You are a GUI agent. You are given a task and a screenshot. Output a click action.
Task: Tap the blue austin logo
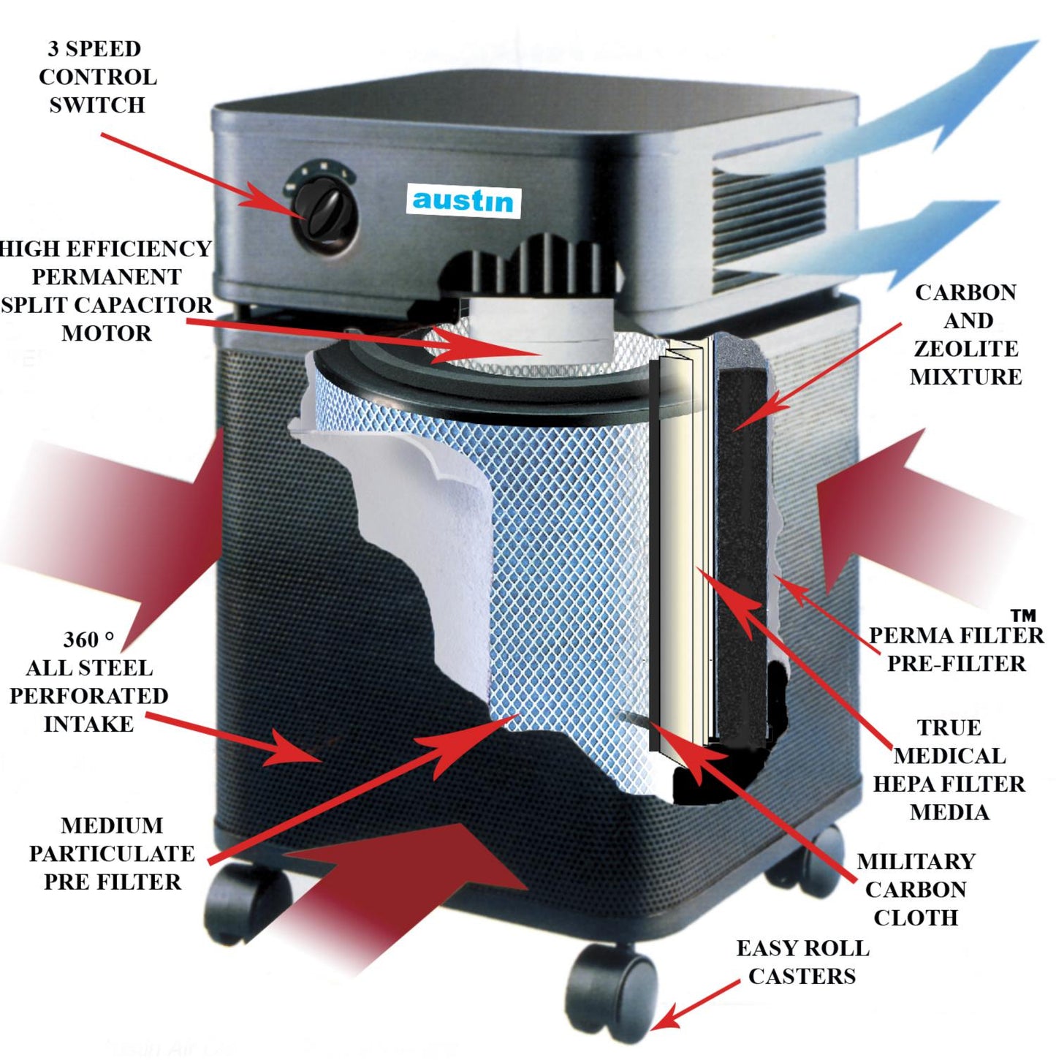[463, 200]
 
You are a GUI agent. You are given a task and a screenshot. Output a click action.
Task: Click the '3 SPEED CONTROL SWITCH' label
[97, 77]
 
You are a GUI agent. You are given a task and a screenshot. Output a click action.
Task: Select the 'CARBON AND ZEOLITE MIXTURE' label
[965, 335]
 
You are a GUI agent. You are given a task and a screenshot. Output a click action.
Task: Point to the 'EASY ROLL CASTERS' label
[802, 962]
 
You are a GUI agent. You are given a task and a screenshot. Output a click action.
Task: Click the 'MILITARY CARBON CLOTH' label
[916, 889]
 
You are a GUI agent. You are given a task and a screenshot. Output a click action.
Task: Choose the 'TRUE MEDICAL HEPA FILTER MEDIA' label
[949, 770]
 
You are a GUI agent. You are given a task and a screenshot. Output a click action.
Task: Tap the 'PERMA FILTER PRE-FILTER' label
[956, 649]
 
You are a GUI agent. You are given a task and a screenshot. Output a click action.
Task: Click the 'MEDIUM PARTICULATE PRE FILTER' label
[112, 854]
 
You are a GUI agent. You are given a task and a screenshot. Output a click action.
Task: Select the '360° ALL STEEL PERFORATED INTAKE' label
[88, 682]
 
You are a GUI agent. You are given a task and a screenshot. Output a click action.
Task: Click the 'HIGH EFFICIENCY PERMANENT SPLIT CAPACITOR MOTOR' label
[107, 291]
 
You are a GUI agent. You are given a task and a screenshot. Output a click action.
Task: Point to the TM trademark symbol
[1023, 616]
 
